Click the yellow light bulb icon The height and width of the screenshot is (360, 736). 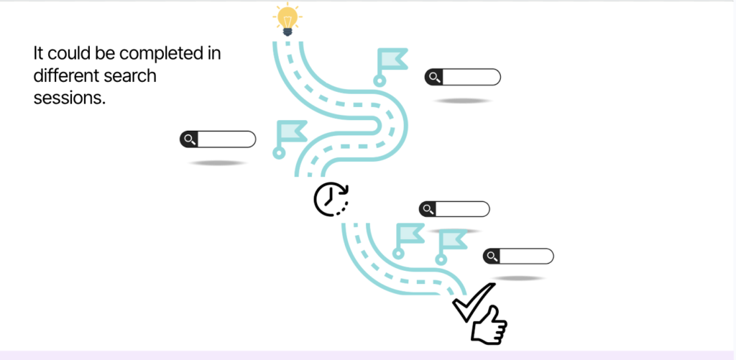[287, 17]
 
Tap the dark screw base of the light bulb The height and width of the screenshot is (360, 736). [287, 31]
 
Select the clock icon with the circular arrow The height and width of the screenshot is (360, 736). [331, 199]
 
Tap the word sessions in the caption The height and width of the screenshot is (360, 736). [69, 98]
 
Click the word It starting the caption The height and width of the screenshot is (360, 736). [39, 54]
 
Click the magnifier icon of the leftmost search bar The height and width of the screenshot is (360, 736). [189, 139]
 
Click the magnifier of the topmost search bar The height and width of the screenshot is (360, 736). [434, 77]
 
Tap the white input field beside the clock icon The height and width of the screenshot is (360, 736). [462, 209]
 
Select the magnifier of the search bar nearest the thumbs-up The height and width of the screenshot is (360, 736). [492, 257]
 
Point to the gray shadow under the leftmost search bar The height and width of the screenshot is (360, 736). [217, 163]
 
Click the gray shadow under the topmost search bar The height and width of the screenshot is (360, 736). [463, 101]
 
